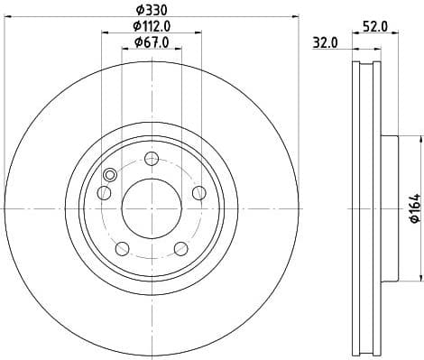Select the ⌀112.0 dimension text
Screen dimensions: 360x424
click(152, 25)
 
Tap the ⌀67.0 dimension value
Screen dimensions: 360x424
click(152, 42)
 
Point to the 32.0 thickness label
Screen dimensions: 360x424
click(326, 42)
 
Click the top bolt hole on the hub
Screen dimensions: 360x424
click(152, 160)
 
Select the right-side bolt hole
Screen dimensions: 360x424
click(198, 190)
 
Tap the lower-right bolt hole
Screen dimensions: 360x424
click(180, 247)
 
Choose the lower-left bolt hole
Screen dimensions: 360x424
click(122, 247)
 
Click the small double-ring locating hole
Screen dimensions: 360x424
click(110, 176)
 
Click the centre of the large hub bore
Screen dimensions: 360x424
click(152, 209)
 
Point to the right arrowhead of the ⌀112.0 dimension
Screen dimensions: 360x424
click(199, 32)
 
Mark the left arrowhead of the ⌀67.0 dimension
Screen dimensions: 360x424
click(124, 49)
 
